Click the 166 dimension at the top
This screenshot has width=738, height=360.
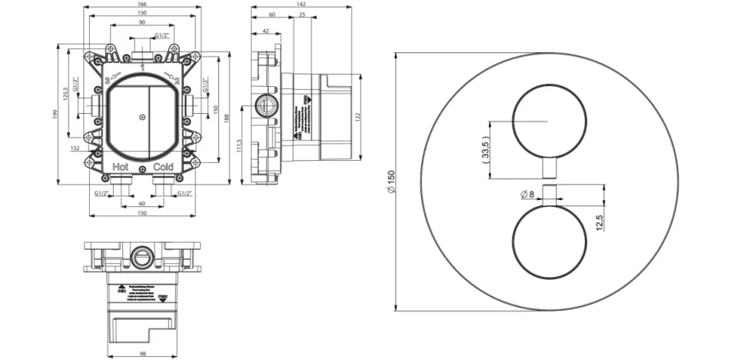tap(143, 5)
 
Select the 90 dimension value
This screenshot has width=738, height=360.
tap(143, 23)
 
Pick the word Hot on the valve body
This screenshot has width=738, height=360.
tap(121, 167)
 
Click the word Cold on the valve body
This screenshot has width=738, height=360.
tap(163, 167)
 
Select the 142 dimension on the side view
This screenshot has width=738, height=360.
tap(305, 5)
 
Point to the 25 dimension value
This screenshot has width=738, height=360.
tap(302, 15)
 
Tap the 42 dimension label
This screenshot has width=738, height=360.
tap(265, 31)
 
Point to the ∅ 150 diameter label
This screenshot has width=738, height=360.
tap(391, 181)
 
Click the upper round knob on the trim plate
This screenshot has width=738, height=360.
tap(547, 122)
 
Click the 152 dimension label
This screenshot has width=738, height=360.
tap(74, 148)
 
